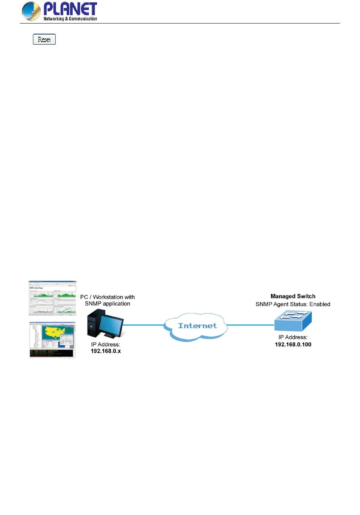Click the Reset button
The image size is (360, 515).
pyautogui.click(x=44, y=39)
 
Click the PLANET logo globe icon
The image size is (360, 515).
pyautogui.click(x=31, y=11)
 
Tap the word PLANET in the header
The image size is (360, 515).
pyautogui.click(x=70, y=9)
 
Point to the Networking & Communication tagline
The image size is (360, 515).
pyautogui.click(x=70, y=19)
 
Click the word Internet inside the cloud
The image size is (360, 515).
pyautogui.click(x=197, y=326)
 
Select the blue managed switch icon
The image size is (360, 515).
pyautogui.click(x=293, y=321)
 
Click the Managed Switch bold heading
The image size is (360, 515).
pyautogui.click(x=293, y=296)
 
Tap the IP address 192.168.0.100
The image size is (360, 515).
pyautogui.click(x=293, y=344)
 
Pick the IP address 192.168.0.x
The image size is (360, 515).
pyautogui.click(x=106, y=351)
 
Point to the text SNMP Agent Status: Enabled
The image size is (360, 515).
pyautogui.click(x=293, y=304)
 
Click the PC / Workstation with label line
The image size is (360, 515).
pyautogui.click(x=108, y=297)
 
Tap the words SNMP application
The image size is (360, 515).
pyautogui.click(x=108, y=304)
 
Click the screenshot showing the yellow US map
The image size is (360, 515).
pyautogui.click(x=53, y=340)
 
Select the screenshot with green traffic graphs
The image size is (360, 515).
pyautogui.click(x=53, y=298)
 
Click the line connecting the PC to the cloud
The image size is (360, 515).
pyautogui.click(x=144, y=325)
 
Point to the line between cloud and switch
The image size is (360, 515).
pyautogui.click(x=250, y=325)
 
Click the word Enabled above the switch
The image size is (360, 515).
pyautogui.click(x=320, y=304)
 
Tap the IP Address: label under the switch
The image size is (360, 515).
pyautogui.click(x=293, y=337)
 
